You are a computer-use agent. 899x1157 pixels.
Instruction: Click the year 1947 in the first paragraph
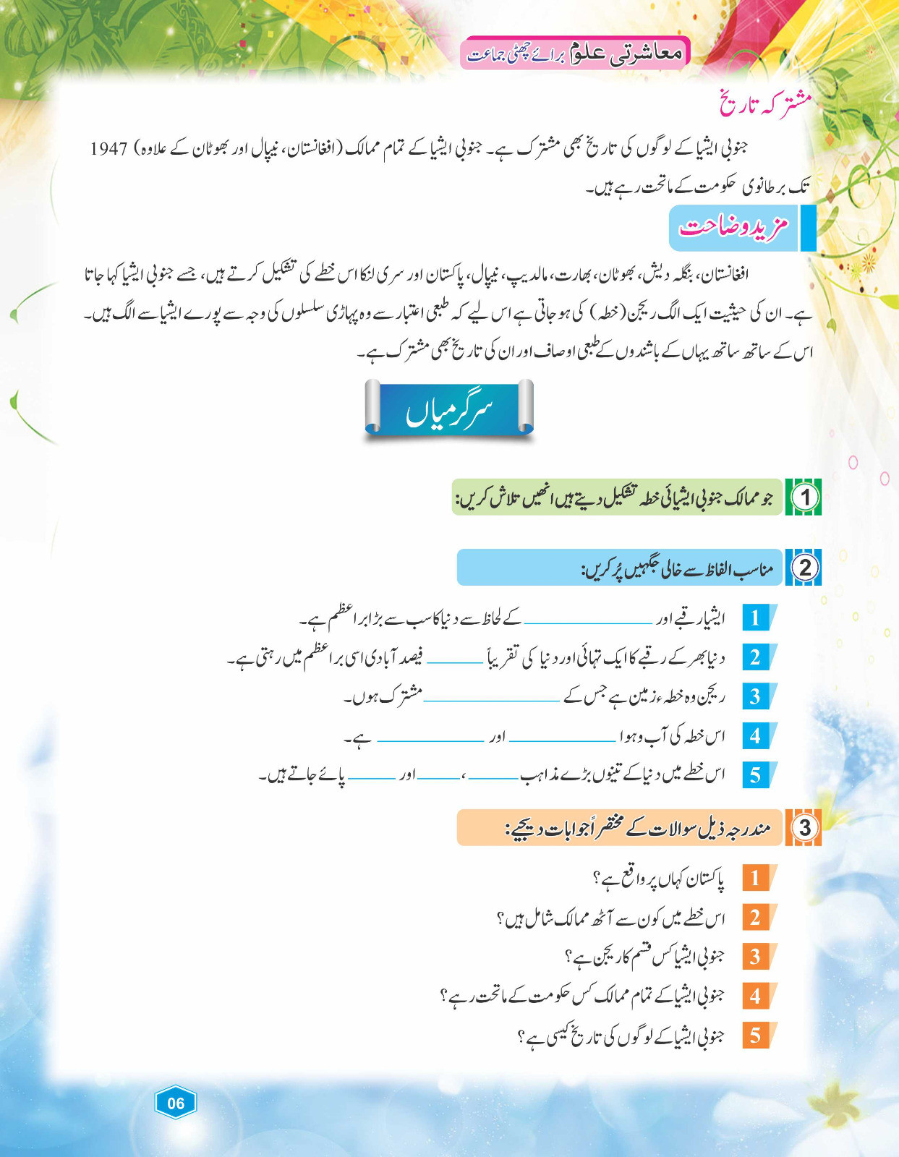[x=108, y=149]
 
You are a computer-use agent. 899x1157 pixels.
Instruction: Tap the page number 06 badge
[x=176, y=1103]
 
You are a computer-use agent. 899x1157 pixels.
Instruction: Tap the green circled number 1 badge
[x=805, y=497]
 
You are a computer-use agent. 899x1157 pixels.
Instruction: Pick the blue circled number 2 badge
[x=805, y=568]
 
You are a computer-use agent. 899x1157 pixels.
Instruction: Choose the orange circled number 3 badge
[x=805, y=827]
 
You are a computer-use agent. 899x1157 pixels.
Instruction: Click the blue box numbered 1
[x=756, y=618]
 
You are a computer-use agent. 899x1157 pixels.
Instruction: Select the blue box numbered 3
[x=756, y=696]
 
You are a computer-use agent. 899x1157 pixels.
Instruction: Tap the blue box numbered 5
[x=756, y=775]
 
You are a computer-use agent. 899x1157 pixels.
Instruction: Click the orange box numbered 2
[x=756, y=918]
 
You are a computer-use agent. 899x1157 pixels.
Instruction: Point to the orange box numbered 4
[x=756, y=996]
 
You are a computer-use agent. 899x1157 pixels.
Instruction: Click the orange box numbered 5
[x=756, y=1036]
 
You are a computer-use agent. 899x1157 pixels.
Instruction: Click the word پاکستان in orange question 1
[x=698, y=879]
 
